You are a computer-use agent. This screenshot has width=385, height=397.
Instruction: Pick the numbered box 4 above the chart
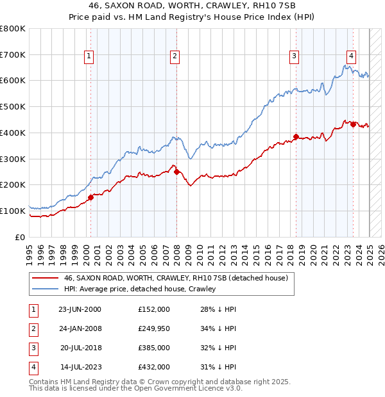pos(352,56)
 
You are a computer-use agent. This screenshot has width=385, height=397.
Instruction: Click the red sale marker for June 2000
pos(90,197)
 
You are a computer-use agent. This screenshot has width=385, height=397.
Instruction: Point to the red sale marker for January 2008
pos(176,172)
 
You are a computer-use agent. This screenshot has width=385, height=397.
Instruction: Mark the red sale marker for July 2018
pos(296,136)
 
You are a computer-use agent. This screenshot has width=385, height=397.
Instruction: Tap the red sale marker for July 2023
pos(354,124)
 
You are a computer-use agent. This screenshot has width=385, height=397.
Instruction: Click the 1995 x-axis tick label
pos(29,252)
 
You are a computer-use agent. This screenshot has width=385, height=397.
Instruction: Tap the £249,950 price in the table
pos(154,329)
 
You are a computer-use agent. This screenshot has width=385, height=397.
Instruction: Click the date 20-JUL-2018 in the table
pos(80,348)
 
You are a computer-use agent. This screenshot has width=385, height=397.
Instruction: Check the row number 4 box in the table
pos(33,368)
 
